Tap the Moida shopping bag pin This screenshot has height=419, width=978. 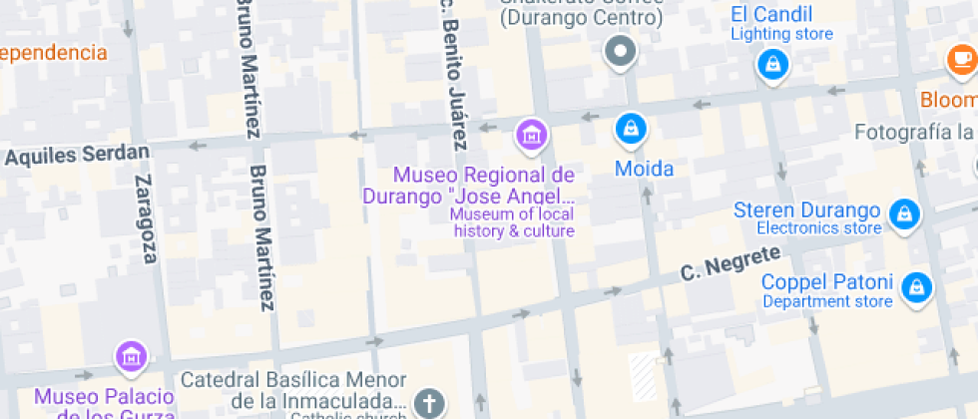coord(630,128)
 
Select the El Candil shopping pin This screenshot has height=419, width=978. coord(772,65)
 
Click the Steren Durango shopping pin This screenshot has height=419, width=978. coord(904,212)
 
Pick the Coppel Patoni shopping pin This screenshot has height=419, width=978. coord(913,288)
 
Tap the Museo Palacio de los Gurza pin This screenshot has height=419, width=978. coord(130,354)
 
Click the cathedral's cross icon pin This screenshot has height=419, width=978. coord(429,403)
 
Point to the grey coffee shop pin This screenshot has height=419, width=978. coord(622,51)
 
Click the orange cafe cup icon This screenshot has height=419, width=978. coord(961,60)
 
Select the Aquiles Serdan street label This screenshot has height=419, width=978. coord(77,155)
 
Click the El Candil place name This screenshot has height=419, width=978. coord(770,14)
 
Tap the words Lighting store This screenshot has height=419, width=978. coord(781,35)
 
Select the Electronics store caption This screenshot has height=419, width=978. coord(818,228)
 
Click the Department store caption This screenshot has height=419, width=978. coord(827,301)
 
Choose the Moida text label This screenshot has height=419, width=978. coord(644,169)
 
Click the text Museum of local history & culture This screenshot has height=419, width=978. coord(513,222)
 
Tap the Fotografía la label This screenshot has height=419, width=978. coord(914,133)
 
